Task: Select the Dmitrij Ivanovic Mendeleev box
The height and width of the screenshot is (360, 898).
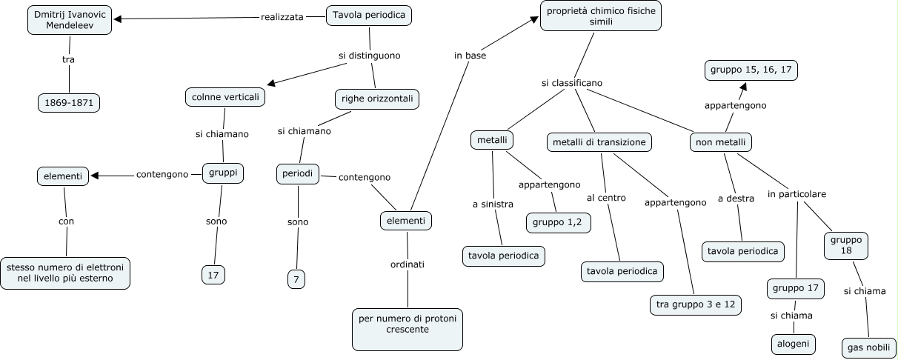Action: coord(70,21)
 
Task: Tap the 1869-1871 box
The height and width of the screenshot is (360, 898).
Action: coord(69,103)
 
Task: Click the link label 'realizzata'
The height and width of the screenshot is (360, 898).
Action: coord(282,17)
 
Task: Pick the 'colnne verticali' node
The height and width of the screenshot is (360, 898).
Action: coord(223,97)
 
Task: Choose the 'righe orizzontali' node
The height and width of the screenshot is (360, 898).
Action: coord(377,99)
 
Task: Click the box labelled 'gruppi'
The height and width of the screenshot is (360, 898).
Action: coord(223,173)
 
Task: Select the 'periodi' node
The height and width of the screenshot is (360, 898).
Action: coord(298,173)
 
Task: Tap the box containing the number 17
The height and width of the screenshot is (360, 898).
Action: coord(213,275)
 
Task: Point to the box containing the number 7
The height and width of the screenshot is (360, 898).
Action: coord(296,279)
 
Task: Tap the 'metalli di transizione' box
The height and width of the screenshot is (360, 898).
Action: coord(599,142)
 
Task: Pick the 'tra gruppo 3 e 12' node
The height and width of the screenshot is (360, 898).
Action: coord(695,304)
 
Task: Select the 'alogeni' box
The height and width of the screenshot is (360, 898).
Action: coord(793,344)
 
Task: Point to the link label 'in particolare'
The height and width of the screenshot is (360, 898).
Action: coord(796,195)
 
